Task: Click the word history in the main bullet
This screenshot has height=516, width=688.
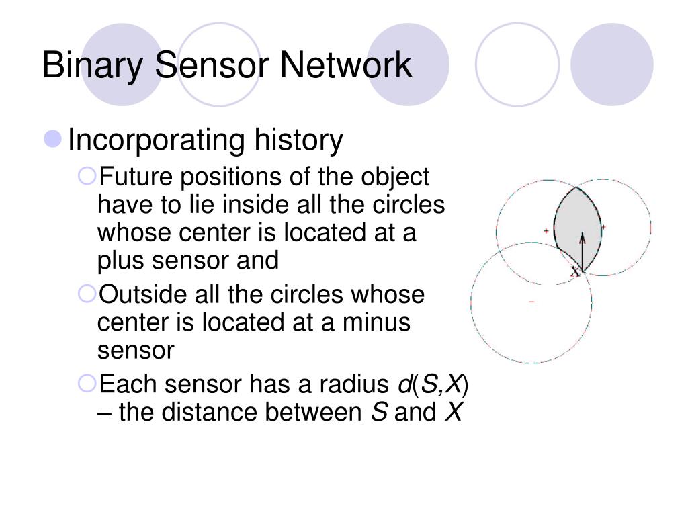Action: [298, 140]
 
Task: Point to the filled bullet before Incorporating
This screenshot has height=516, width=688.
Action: [53, 140]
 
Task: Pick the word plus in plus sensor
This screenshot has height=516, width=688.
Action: [118, 260]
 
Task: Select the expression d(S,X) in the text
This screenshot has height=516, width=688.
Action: [434, 384]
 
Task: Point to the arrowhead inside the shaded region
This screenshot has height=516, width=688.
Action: [582, 236]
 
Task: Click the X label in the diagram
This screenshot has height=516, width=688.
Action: [575, 271]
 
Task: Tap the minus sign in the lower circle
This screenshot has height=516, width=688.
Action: [531, 302]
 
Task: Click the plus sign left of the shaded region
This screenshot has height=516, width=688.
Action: [546, 231]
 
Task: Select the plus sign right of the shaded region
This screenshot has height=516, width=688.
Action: [603, 227]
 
